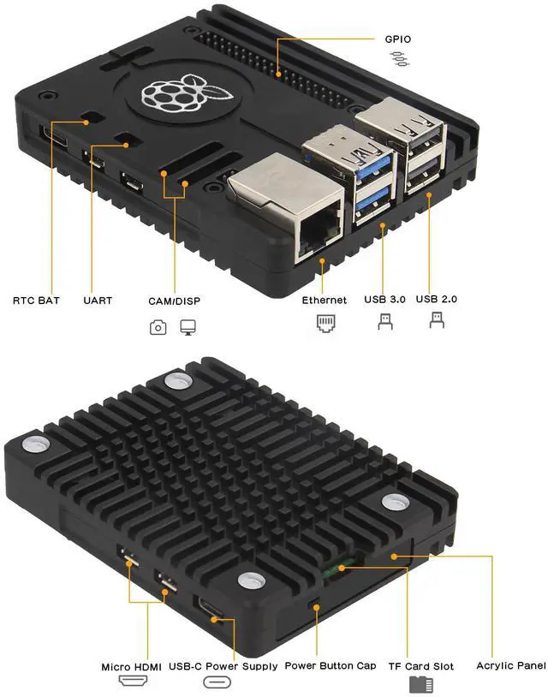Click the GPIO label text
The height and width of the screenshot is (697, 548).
tap(398, 39)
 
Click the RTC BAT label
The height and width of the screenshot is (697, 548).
tap(36, 301)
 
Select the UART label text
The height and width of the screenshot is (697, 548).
tap(97, 301)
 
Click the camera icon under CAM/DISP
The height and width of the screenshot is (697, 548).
tap(158, 327)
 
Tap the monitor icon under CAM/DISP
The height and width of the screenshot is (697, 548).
tap(188, 327)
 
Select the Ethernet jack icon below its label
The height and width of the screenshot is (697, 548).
tap(325, 323)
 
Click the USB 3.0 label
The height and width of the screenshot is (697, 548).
tap(384, 300)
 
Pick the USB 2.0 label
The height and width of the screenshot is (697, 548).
tap(437, 300)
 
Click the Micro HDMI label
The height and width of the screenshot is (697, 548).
tap(132, 666)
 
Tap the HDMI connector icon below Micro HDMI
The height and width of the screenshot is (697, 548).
tap(132, 683)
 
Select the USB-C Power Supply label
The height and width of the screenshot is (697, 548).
tap(223, 666)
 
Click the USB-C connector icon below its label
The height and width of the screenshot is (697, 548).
tap(217, 683)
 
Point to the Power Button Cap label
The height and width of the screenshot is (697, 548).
tap(330, 666)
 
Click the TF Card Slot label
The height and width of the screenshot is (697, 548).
tap(420, 666)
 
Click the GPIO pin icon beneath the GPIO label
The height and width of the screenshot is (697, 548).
tap(398, 58)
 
